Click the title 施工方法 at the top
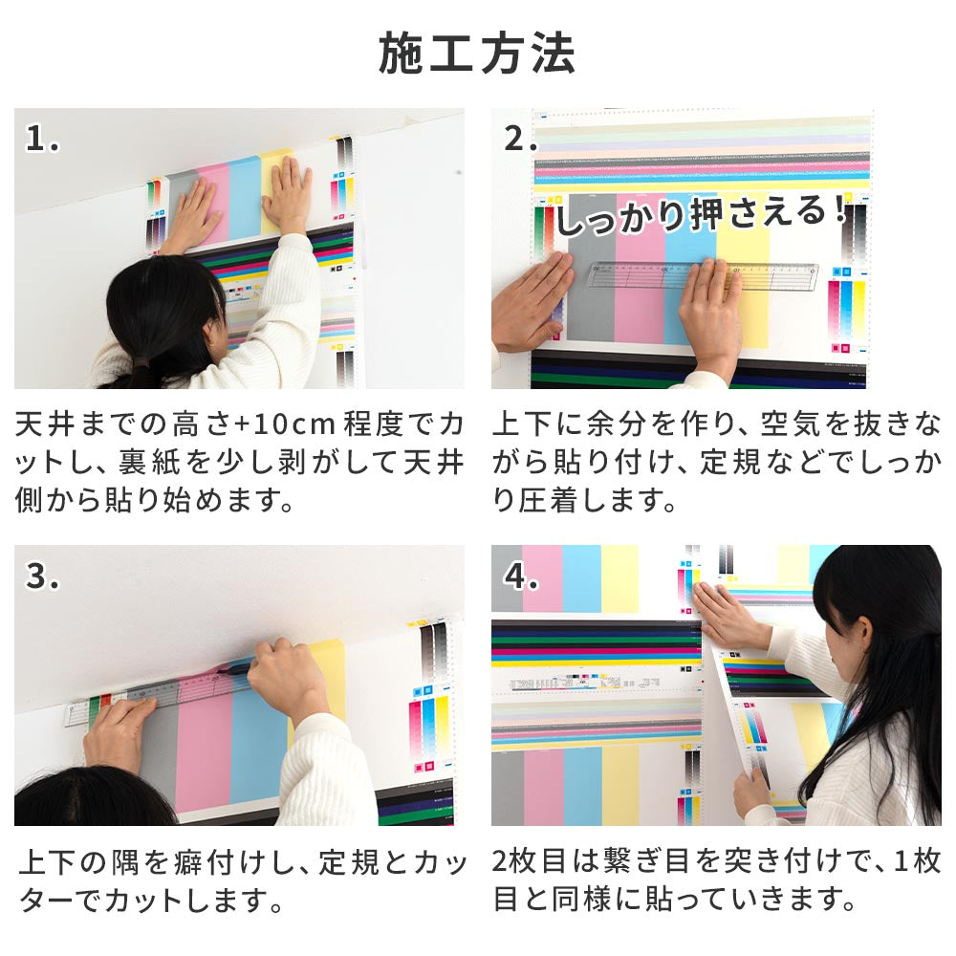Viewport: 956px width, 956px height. [x=477, y=54]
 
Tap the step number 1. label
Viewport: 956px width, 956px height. [x=43, y=141]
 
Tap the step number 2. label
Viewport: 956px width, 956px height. [x=521, y=141]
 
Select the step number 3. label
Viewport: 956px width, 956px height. [x=43, y=577]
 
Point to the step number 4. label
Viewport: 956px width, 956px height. [x=521, y=577]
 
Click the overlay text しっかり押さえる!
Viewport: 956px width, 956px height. [x=703, y=216]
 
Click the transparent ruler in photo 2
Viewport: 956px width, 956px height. [x=703, y=275]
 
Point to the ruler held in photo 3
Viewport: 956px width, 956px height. [x=143, y=695]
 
